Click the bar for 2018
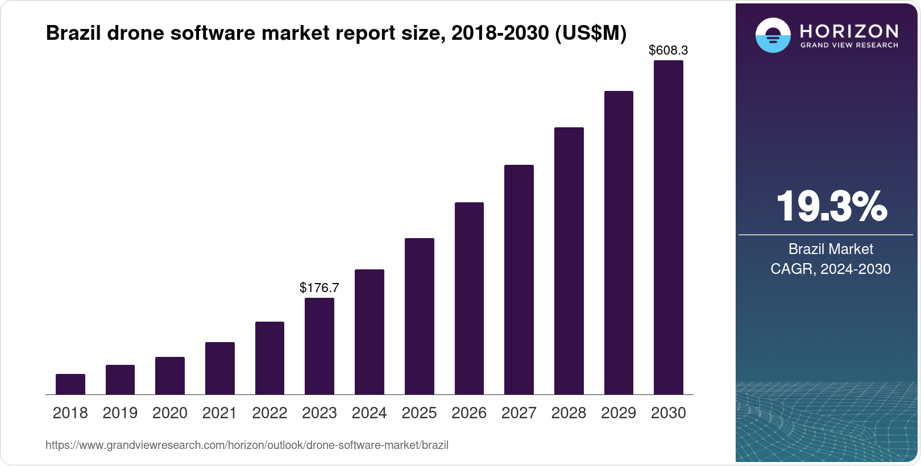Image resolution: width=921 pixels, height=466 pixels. pos(70,384)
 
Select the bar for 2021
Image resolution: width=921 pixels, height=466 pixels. pos(219,368)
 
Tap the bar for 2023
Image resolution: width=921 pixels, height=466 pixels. pos(319,346)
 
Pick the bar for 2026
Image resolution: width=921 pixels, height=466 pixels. pos(469,298)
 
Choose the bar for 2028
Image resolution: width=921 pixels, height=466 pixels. pos(569,261)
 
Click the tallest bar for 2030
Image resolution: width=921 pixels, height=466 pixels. pos(668,227)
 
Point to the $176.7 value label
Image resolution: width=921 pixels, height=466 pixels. pos(319,288)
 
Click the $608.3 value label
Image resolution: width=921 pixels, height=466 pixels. pos(668,50)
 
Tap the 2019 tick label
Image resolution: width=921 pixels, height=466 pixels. pos(120,413)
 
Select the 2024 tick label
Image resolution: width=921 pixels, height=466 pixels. pos(369,413)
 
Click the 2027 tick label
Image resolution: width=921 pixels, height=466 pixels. pos(518,413)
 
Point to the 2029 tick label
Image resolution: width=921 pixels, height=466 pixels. pos(619,413)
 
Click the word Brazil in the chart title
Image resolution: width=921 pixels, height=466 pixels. pos(73,33)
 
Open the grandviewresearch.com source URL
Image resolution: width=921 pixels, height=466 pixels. pos(247,445)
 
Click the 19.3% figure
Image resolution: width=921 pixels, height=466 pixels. pos(831,206)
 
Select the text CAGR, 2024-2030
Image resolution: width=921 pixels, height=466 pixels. pos(830,269)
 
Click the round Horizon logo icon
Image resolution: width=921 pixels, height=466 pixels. pos(773,35)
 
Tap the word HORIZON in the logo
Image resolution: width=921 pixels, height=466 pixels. pos(849,31)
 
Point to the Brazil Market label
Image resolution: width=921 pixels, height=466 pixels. pos(830,249)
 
